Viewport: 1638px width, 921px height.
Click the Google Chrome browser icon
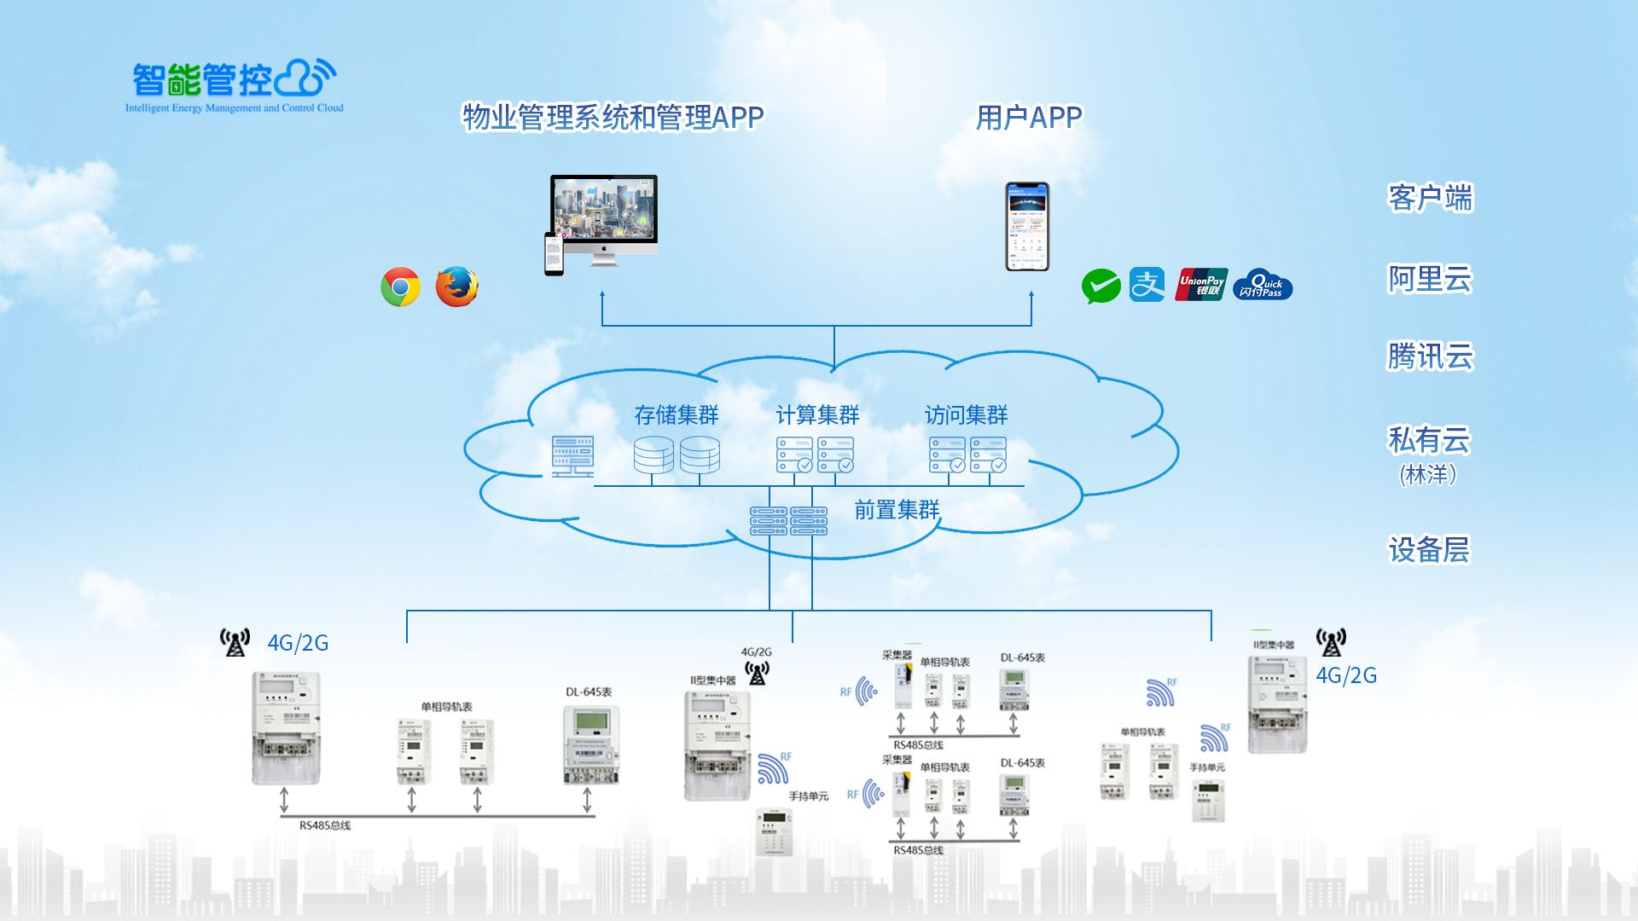click(400, 287)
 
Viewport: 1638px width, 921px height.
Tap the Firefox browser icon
click(456, 287)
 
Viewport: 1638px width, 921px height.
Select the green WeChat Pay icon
click(1101, 287)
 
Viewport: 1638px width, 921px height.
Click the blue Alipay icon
click(1147, 285)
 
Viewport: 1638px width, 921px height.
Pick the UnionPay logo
click(1201, 285)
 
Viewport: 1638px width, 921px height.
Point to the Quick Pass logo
click(1263, 285)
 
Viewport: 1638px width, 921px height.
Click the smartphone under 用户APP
click(1026, 226)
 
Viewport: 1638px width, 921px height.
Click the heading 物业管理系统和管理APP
click(613, 118)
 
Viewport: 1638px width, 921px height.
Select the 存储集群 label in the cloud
click(677, 415)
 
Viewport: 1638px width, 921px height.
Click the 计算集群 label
click(817, 415)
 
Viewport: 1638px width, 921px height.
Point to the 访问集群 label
click(966, 415)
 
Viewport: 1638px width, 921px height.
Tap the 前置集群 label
click(897, 510)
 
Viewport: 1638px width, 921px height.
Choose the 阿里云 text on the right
click(1430, 279)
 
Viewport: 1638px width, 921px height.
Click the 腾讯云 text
click(1430, 356)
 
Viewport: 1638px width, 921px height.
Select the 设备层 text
click(1429, 550)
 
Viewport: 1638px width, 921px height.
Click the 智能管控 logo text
click(203, 80)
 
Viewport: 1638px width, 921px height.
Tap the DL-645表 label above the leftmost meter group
click(589, 692)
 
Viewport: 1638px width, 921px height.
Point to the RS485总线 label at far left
click(325, 825)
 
